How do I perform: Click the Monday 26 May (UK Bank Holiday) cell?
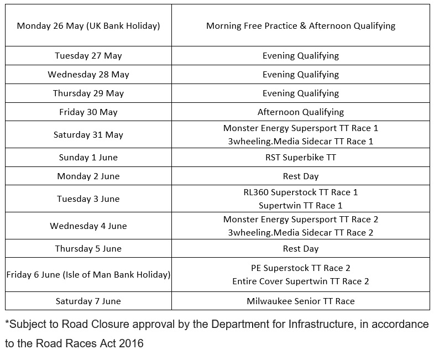(x=88, y=25)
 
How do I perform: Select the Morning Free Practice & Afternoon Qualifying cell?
(x=301, y=25)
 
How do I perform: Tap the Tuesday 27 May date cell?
(x=88, y=55)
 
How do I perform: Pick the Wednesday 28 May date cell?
(x=88, y=74)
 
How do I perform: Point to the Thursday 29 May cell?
(x=88, y=93)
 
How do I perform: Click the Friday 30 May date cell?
(x=88, y=112)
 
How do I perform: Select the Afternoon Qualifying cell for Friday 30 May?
(x=301, y=112)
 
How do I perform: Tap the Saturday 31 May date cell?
(x=88, y=134)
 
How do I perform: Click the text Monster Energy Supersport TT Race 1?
(x=301, y=128)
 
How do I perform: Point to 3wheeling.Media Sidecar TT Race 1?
(x=301, y=141)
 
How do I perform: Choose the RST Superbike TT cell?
(x=301, y=157)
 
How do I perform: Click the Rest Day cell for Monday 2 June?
(x=301, y=176)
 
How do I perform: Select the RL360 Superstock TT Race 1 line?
(x=301, y=192)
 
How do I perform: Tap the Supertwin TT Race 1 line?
(x=301, y=205)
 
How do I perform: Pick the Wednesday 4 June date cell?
(x=88, y=226)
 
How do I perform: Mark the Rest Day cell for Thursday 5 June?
(x=301, y=248)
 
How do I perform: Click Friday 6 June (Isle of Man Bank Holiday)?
(x=88, y=274)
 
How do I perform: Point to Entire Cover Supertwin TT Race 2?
(x=301, y=281)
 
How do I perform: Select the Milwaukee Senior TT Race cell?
(x=301, y=301)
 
